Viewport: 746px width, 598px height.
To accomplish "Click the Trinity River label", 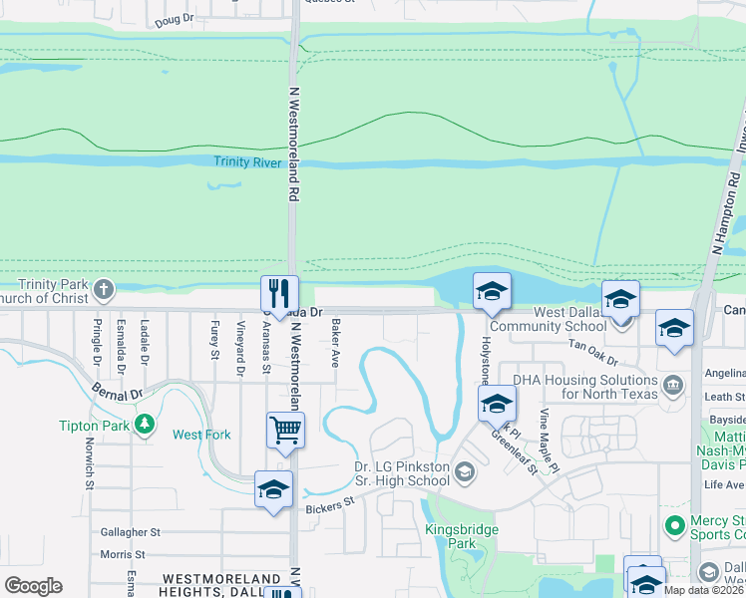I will [247, 161].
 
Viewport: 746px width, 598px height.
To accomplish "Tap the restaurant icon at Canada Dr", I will [279, 292].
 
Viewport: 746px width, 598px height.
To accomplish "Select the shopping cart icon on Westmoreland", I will [285, 430].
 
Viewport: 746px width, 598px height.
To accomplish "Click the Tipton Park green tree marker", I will [146, 425].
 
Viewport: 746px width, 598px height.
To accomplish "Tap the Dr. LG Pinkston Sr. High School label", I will [402, 473].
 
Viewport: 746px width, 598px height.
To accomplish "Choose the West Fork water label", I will [201, 435].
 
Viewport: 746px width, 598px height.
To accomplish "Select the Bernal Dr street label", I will [116, 387].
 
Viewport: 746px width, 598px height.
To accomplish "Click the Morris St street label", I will [123, 554].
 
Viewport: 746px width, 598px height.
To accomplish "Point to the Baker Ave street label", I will [336, 340].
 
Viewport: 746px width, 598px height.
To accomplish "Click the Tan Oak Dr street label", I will [592, 352].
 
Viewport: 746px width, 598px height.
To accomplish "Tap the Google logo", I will [33, 586].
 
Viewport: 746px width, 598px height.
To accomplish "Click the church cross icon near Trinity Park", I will [103, 292].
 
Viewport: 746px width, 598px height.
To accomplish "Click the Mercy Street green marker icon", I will [675, 523].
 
